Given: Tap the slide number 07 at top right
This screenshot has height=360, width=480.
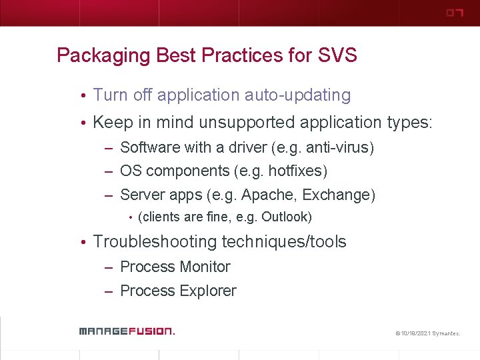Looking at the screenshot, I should (454, 13).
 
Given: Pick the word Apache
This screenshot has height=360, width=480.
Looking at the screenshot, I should (264, 195).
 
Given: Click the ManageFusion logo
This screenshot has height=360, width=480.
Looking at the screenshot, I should (127, 331).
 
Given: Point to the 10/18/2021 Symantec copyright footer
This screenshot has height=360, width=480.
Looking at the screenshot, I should (427, 332).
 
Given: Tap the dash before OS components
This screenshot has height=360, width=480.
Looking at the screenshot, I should (109, 172).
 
